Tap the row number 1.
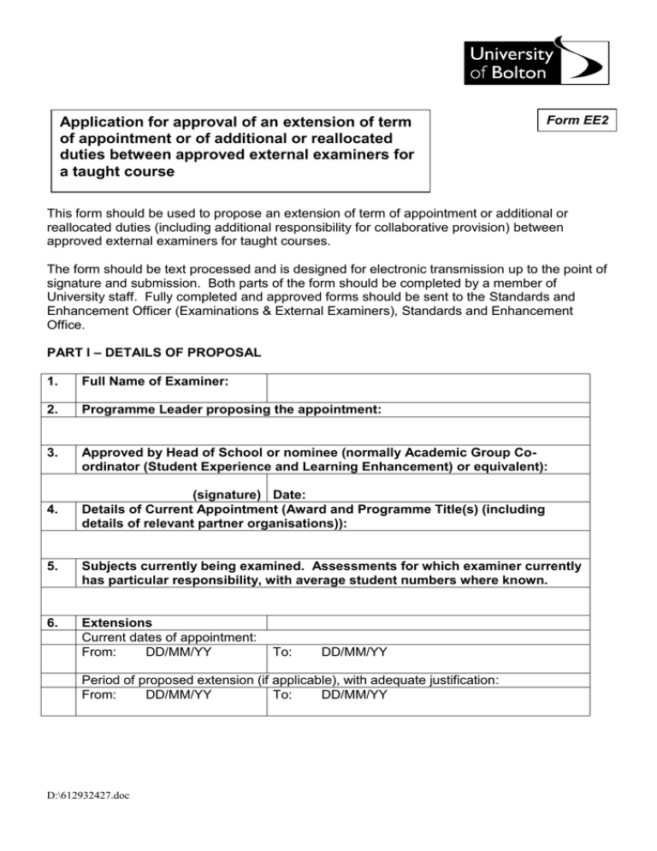53,383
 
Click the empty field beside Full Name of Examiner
428,387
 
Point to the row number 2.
53,410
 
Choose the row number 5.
53,565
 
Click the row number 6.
53,622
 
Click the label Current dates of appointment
168,637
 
